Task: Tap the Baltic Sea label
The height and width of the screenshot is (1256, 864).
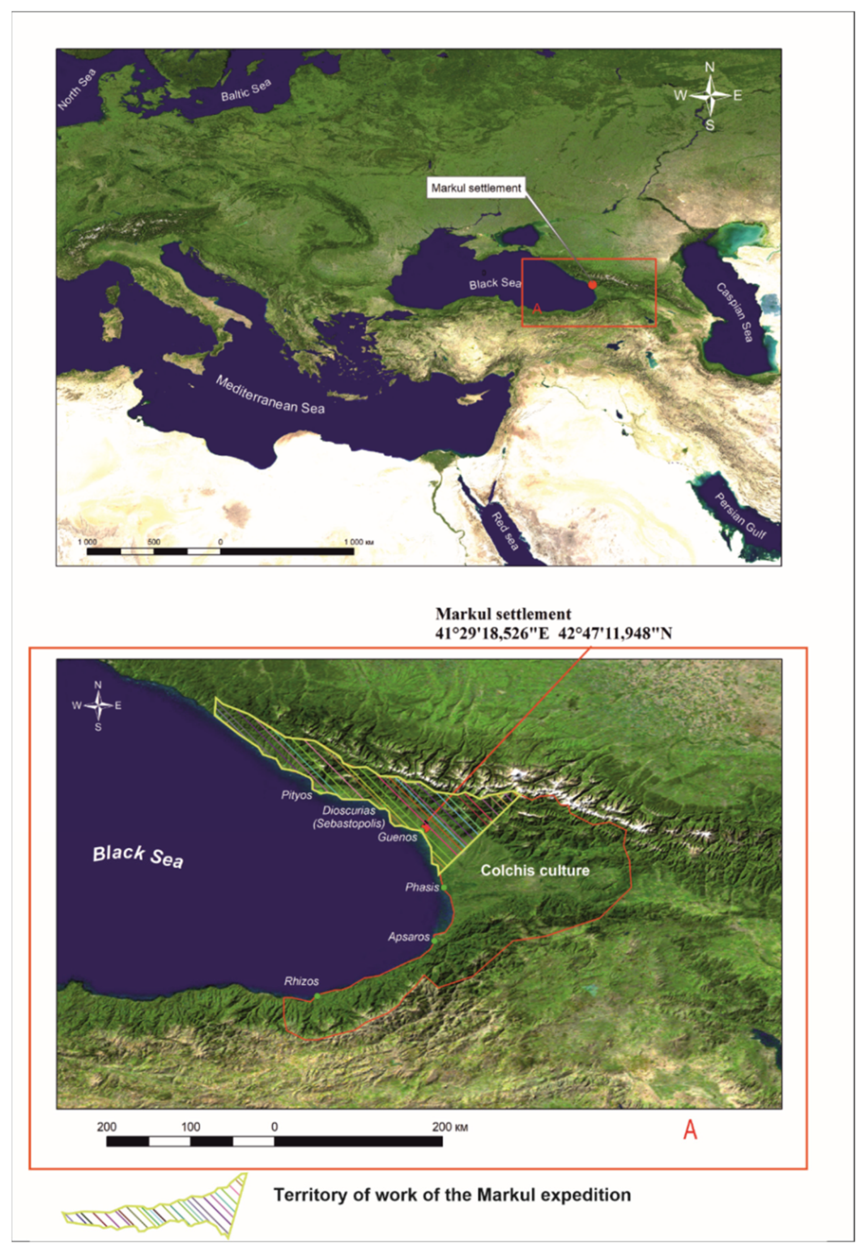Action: pos(246,90)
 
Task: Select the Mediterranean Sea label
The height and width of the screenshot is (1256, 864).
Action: pos(270,395)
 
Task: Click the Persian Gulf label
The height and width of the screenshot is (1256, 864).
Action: pos(740,515)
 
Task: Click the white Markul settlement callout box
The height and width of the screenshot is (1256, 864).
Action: pos(476,188)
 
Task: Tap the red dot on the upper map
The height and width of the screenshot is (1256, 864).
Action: pos(592,285)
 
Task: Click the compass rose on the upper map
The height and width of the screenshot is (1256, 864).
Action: pos(710,96)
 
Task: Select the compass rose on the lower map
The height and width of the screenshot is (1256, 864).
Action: pos(98,705)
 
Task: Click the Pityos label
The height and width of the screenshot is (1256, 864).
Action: pos(296,795)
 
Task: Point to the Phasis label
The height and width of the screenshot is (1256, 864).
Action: pos(422,887)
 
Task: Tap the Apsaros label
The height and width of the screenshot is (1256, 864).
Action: pos(409,937)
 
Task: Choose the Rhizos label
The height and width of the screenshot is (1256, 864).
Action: pos(301,981)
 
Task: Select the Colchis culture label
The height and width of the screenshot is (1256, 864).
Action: pos(535,871)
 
